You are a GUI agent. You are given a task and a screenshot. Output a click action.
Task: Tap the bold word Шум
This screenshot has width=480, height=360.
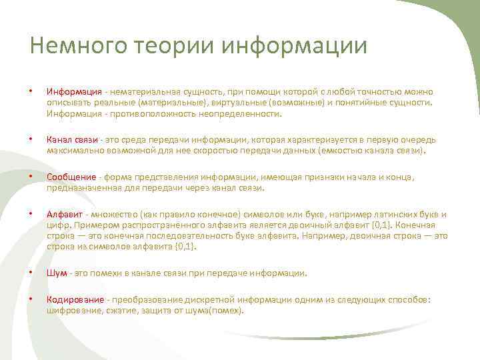coord(55,273)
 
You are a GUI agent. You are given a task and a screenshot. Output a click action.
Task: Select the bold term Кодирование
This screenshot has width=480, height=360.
coord(75,300)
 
